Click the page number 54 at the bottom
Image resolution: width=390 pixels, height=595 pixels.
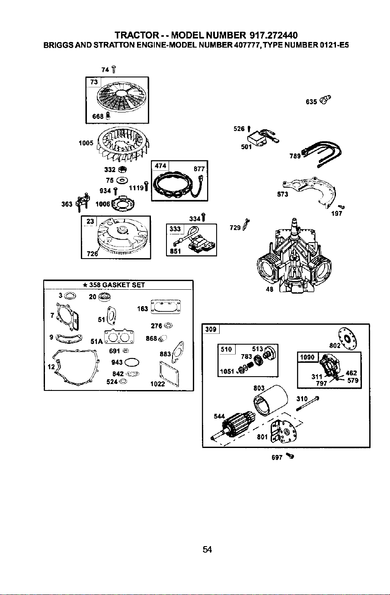tap(207, 549)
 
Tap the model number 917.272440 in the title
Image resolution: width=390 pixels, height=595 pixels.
tap(273, 35)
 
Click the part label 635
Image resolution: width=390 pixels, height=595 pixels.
tap(311, 102)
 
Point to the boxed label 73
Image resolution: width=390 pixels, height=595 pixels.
tap(94, 82)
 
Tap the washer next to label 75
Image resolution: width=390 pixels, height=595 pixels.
tap(123, 180)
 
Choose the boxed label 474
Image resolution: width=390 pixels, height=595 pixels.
tap(160, 166)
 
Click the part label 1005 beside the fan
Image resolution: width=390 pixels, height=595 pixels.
tap(86, 143)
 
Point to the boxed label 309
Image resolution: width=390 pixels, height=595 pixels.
tap(211, 329)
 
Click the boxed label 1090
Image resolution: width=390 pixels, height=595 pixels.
tap(307, 357)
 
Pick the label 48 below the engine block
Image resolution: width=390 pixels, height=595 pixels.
tap(270, 289)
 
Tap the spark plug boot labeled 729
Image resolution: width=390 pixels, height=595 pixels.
tap(246, 225)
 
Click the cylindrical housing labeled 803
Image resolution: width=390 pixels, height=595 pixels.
tap(270, 403)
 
